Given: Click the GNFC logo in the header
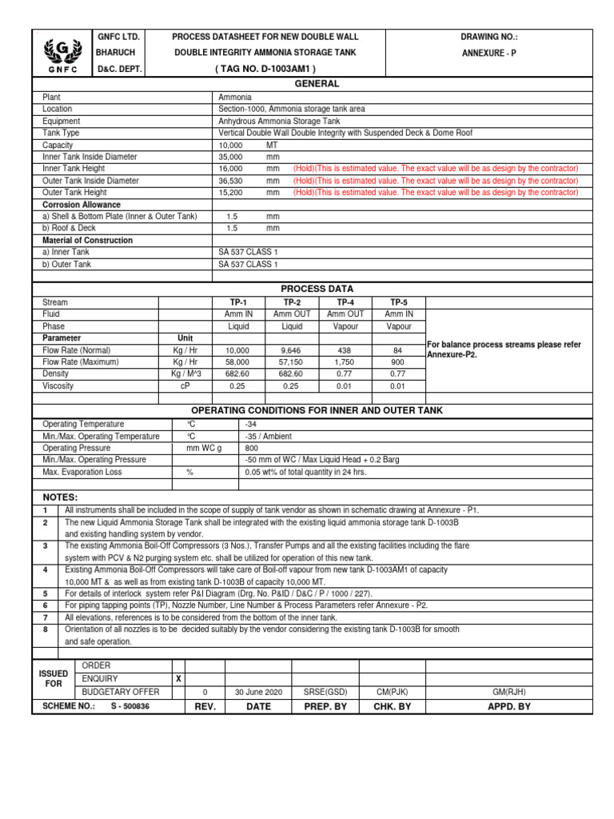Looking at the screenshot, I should [x=61, y=54].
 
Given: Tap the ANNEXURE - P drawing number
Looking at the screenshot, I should [x=489, y=53].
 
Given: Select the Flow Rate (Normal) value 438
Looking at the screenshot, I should [x=345, y=350].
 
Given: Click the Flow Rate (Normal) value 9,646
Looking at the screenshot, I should [x=292, y=350].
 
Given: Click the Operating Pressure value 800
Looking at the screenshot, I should [x=253, y=448].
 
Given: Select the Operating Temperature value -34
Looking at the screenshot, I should [x=250, y=424].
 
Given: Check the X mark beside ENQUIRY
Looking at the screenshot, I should [x=178, y=678].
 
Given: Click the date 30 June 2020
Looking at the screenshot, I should [x=258, y=692].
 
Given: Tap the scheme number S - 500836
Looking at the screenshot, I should [x=130, y=707].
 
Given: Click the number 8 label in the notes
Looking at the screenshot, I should [x=46, y=629].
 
